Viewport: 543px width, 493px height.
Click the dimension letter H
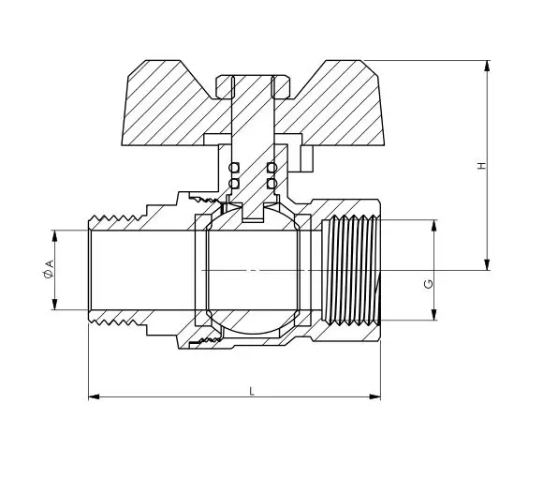[x=482, y=166]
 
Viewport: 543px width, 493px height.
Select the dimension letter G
[x=429, y=283]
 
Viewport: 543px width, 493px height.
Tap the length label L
[x=251, y=391]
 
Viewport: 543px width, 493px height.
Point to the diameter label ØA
[x=48, y=271]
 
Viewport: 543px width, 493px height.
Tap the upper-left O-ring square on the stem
[x=234, y=168]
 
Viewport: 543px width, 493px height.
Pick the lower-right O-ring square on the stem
[x=271, y=183]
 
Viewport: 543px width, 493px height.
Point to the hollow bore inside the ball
[x=252, y=270]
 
